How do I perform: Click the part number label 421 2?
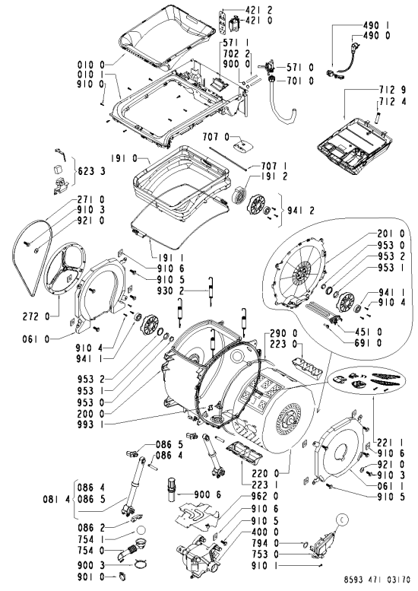pyautogui.click(x=258, y=10)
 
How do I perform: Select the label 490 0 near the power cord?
pyautogui.click(x=376, y=36)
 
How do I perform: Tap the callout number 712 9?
pyautogui.click(x=392, y=90)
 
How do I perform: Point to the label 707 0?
pyautogui.click(x=216, y=136)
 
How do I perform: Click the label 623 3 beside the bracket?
pyautogui.click(x=92, y=171)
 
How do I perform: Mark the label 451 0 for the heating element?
pyautogui.click(x=369, y=332)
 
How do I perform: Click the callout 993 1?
pyautogui.click(x=90, y=424)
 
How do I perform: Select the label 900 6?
pyautogui.click(x=207, y=494)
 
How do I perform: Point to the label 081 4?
pyautogui.click(x=57, y=500)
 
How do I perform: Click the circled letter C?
pyautogui.click(x=342, y=520)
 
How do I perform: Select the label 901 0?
pyautogui.click(x=90, y=577)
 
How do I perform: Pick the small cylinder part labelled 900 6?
pyautogui.click(x=172, y=490)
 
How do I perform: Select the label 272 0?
pyautogui.click(x=36, y=317)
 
